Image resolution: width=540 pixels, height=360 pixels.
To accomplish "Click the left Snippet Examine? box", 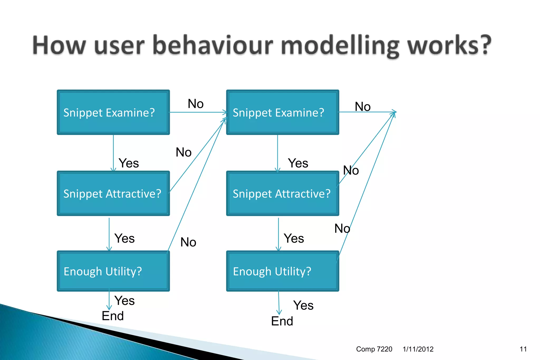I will [x=113, y=112].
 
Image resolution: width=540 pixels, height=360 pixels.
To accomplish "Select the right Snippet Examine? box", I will [x=282, y=112].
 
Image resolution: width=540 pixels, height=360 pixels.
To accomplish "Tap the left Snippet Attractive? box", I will [x=113, y=193].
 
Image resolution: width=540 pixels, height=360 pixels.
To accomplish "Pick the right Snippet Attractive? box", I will [x=282, y=193].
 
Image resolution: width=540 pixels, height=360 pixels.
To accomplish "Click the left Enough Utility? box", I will [x=113, y=271].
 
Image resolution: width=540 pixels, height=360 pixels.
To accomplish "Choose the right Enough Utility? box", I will [x=282, y=271].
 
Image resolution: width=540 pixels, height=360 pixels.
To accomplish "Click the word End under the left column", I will [x=113, y=316].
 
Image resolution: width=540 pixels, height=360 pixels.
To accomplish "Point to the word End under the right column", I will [x=282, y=321].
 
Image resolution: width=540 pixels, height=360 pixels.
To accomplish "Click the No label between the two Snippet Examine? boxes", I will [x=196, y=104].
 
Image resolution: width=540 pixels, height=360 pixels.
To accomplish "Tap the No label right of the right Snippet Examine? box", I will [x=363, y=107].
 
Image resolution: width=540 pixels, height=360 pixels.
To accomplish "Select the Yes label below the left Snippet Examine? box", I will [x=129, y=163].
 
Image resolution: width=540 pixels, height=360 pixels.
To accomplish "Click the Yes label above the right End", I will [x=303, y=305].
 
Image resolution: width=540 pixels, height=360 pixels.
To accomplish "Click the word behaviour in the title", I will [x=213, y=45].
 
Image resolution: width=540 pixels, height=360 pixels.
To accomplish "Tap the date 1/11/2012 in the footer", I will [x=418, y=349].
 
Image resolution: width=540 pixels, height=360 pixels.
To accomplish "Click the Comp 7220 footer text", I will [x=374, y=349].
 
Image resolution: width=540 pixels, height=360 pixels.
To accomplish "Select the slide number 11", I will [x=523, y=349].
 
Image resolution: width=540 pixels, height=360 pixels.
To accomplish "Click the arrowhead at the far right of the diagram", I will [x=394, y=112].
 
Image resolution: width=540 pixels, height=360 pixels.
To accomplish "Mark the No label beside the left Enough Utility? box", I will [x=188, y=242].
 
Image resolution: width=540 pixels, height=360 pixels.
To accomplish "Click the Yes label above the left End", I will [x=124, y=300].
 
